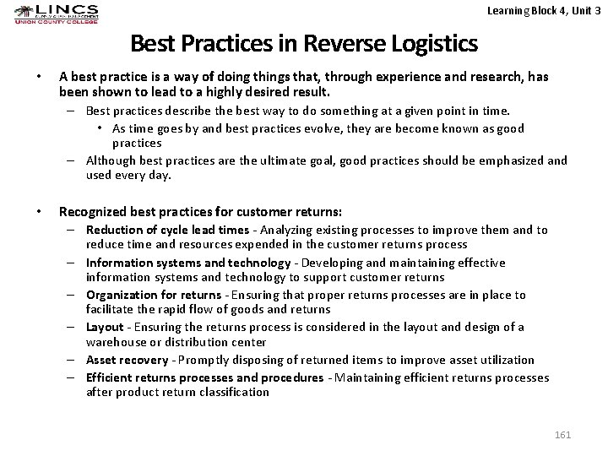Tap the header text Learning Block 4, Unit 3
click(x=546, y=11)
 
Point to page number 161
click(x=563, y=435)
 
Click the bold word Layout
click(x=105, y=327)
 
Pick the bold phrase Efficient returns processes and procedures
click(x=204, y=377)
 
